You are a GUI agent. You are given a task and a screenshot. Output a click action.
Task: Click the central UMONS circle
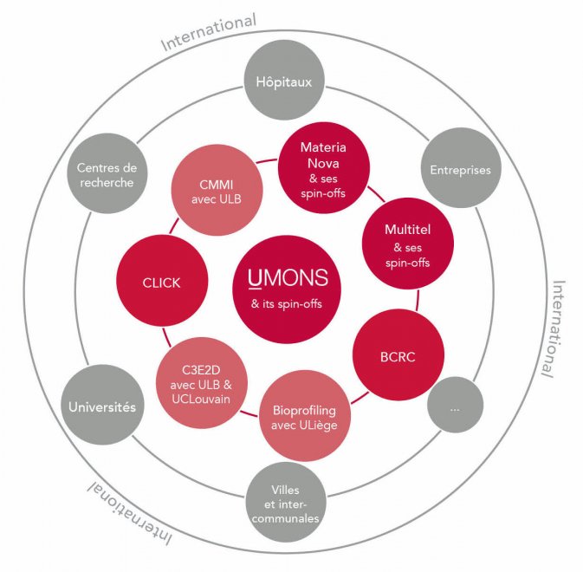[x=287, y=289]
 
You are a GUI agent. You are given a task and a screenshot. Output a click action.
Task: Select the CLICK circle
[x=162, y=281]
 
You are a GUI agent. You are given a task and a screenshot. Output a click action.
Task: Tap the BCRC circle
[x=398, y=354]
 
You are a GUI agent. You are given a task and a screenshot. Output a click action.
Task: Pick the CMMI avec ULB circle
[x=217, y=190]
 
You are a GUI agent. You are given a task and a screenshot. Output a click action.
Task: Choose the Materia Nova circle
[x=324, y=168]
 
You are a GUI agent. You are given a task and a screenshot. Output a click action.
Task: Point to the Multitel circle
[x=408, y=244]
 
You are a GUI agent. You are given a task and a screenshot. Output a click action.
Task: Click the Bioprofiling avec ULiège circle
[x=305, y=416]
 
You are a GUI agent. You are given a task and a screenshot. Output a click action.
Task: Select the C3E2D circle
[x=202, y=383]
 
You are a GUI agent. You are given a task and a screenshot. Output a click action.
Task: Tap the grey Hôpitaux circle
[x=284, y=80]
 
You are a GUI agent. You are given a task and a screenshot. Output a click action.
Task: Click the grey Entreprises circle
[x=461, y=168]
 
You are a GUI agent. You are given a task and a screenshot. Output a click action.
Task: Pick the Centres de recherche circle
[x=107, y=173]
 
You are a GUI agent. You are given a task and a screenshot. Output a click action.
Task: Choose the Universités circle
[x=102, y=405]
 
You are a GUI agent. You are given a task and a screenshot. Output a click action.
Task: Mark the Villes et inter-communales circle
[x=286, y=502]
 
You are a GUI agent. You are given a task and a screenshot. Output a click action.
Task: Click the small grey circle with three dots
[x=455, y=405]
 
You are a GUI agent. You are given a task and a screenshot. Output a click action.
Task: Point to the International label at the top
[x=209, y=31]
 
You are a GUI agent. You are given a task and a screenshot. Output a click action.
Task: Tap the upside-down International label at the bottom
[x=130, y=512]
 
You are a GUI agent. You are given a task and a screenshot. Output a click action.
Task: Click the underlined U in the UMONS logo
[x=255, y=278]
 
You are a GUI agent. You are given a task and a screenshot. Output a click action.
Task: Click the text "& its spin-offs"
[x=286, y=304]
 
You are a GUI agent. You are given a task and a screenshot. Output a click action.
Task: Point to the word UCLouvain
[x=201, y=399]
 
